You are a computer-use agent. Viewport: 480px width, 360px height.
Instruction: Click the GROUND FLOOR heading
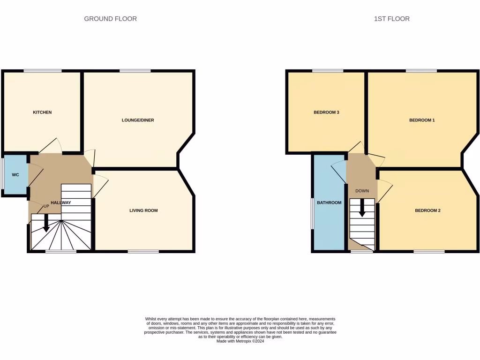pos(110,19)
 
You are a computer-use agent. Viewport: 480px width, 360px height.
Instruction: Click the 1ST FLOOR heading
pos(391,19)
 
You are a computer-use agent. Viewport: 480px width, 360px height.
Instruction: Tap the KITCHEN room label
pos(42,112)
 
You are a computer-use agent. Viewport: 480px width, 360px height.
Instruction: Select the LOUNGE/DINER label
pos(138,120)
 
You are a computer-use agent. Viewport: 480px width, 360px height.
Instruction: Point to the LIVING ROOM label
pos(143,210)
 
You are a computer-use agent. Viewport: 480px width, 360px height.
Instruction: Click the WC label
pos(15,175)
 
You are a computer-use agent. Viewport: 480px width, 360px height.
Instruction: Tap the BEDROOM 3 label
pos(326,112)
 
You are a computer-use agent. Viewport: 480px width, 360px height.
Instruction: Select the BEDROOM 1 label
pos(422,120)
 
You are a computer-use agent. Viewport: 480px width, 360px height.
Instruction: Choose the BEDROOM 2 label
pos(427,210)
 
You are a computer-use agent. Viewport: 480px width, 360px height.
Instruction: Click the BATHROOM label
pos(329,203)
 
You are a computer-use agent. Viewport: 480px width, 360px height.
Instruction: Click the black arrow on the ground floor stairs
pos(46,223)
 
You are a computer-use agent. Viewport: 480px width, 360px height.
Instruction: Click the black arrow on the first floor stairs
pos(362,208)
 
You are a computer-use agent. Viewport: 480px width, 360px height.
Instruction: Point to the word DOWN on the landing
pos(362,191)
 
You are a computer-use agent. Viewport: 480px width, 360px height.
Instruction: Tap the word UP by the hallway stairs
pos(46,206)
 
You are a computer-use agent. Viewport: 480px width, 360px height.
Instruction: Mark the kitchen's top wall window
pos(43,71)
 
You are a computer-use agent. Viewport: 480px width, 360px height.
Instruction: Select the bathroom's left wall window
pos(313,213)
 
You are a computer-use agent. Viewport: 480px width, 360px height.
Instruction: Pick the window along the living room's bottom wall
pos(143,252)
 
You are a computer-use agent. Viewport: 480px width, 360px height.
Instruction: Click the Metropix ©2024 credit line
pos(240,342)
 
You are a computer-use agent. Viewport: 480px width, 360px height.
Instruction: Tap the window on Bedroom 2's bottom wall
pos(429,252)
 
